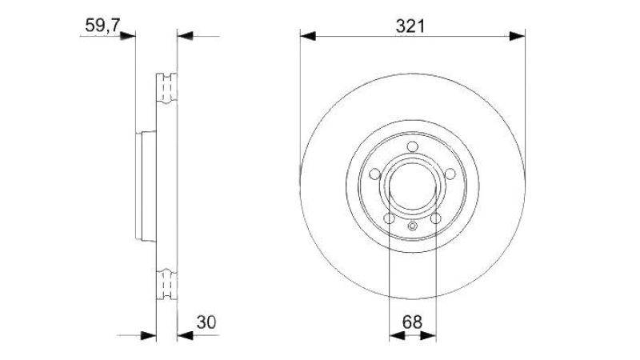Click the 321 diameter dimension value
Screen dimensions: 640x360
410,26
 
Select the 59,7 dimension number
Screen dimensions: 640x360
102,26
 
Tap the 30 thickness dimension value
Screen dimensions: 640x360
206,322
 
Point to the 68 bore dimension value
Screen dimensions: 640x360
412,322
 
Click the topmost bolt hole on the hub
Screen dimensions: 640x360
413,146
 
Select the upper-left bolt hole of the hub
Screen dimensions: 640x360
374,174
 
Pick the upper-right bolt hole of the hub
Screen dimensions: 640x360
450,174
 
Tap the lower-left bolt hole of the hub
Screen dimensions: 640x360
390,218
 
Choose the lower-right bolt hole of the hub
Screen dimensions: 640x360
436,218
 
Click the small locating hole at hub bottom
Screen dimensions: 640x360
413,226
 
